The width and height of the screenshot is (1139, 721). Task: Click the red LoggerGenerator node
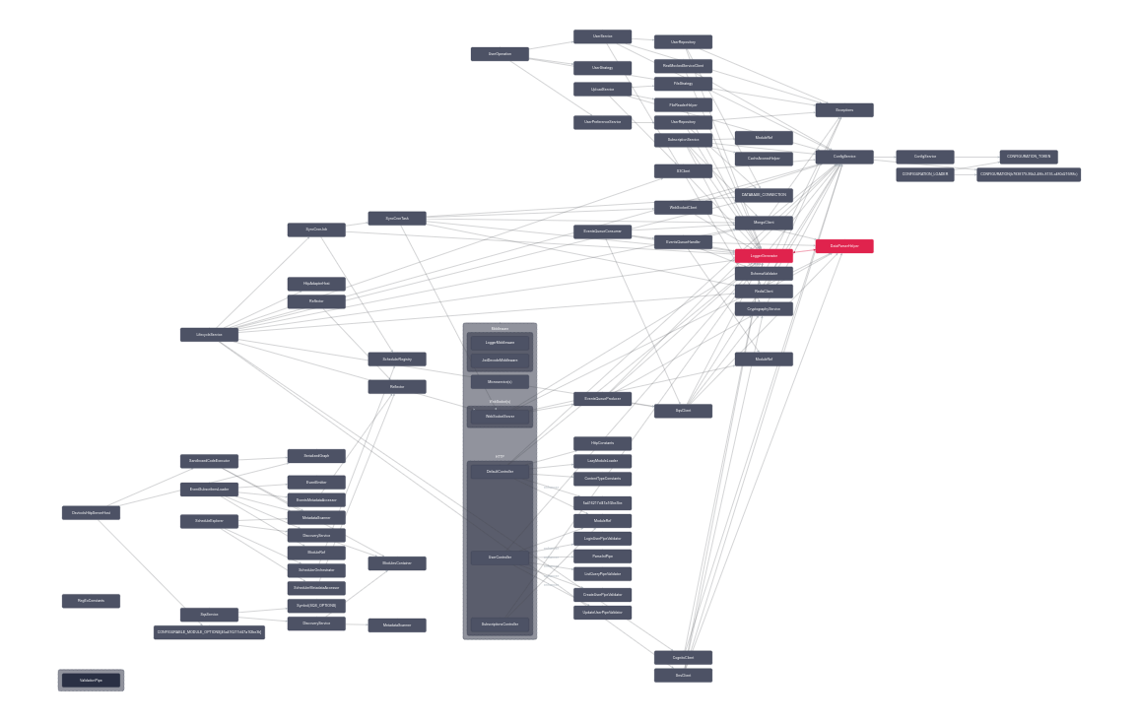(764, 256)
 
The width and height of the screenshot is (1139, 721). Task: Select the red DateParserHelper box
(844, 246)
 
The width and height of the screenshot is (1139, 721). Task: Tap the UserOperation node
(500, 54)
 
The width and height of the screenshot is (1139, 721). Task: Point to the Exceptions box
(844, 110)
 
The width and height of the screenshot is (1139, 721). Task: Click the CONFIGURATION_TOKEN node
(1029, 157)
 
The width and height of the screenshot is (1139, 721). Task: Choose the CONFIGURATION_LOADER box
(925, 174)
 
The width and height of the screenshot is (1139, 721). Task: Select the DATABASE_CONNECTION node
(764, 195)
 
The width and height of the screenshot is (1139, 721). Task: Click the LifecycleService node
(209, 335)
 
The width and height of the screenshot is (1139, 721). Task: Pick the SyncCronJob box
(316, 229)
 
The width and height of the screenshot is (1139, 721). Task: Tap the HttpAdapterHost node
(316, 284)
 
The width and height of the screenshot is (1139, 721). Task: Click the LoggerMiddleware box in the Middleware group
(500, 343)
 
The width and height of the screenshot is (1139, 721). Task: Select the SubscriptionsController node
(500, 624)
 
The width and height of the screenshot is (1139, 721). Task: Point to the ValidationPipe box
(91, 680)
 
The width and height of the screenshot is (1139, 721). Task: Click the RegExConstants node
(91, 601)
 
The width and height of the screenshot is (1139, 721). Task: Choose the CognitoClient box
(683, 657)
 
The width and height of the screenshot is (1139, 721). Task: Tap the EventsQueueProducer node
(602, 399)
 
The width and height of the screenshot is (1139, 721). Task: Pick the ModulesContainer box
(397, 563)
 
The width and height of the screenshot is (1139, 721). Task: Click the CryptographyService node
(764, 309)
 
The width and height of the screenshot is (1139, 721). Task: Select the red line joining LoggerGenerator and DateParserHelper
(804, 251)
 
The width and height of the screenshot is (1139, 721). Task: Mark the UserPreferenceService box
(602, 122)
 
